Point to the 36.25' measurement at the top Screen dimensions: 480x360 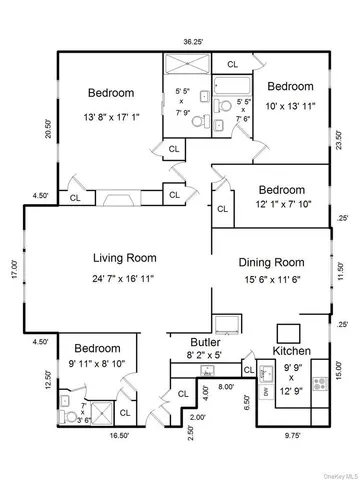[x=180, y=42]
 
